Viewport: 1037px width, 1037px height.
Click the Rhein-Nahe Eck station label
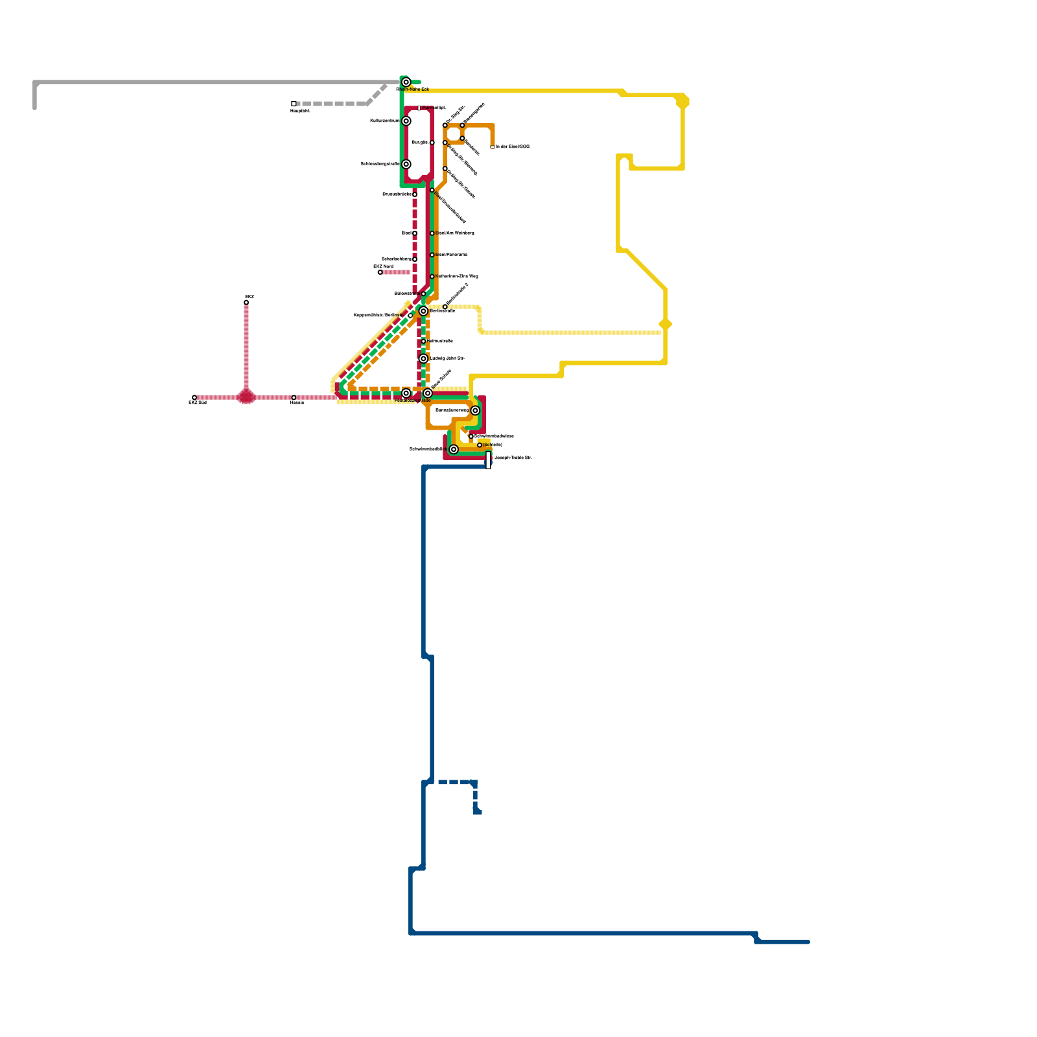tap(412, 89)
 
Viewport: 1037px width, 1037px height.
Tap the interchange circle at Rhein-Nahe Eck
tap(406, 82)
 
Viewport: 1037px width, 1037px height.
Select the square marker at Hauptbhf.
tap(294, 104)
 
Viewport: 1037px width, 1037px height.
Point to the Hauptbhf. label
tap(300, 111)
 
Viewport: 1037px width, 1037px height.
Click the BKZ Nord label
tap(383, 266)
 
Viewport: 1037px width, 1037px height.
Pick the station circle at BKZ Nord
tap(380, 272)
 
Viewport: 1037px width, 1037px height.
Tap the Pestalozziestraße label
tap(412, 401)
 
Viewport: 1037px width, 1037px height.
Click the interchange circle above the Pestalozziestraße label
tap(406, 393)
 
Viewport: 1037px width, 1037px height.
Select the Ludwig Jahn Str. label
tap(447, 358)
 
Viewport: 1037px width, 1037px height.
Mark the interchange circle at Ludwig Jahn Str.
tap(423, 359)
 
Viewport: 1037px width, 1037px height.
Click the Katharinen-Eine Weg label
tap(457, 276)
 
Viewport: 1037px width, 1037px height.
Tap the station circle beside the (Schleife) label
tap(480, 445)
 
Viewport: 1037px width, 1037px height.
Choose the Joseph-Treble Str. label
tap(513, 458)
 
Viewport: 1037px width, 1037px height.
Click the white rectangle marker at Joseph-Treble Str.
tap(488, 460)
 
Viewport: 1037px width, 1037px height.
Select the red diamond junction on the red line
tap(246, 396)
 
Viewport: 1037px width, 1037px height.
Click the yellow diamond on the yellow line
tap(665, 324)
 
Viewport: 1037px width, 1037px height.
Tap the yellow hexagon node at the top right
tap(682, 102)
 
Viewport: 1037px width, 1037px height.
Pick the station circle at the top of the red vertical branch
tap(246, 303)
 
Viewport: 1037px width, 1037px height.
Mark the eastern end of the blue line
tap(808, 942)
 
